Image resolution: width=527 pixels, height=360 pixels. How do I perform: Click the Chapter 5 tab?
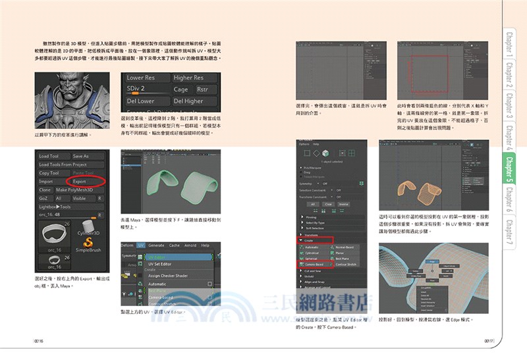pos(511,168)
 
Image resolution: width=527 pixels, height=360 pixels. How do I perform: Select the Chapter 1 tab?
pos(511,45)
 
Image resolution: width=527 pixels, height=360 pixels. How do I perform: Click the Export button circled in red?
pos(79,181)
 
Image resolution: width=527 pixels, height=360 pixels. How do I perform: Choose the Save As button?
pos(80,156)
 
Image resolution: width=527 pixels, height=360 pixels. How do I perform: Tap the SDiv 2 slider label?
pos(136,88)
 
